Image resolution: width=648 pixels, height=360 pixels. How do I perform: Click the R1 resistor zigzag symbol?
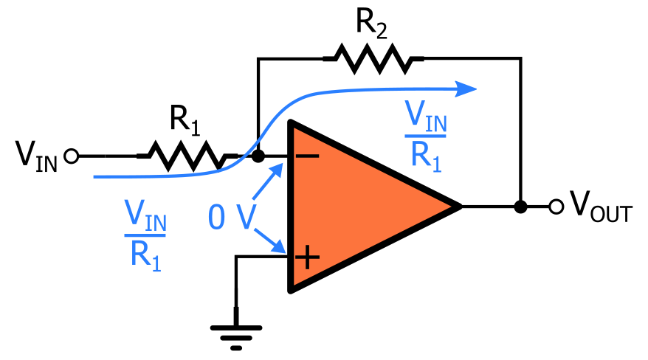click(x=185, y=156)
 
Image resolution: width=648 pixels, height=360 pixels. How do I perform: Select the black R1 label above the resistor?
click(x=185, y=120)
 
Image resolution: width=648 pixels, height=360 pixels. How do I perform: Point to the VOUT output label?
click(x=600, y=207)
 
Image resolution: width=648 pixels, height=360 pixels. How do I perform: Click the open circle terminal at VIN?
click(x=72, y=156)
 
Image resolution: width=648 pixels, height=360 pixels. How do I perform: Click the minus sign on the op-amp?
click(x=308, y=156)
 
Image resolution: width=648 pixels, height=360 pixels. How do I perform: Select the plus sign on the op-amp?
click(x=307, y=257)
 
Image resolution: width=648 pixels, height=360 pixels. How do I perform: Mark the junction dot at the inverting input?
click(x=258, y=156)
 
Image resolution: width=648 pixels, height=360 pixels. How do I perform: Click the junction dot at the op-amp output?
click(x=521, y=207)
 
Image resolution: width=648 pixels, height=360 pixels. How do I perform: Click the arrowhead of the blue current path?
click(x=467, y=89)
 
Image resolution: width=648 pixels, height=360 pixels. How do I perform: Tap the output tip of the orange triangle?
click(x=459, y=207)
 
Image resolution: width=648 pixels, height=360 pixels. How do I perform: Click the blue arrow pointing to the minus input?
click(x=269, y=181)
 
